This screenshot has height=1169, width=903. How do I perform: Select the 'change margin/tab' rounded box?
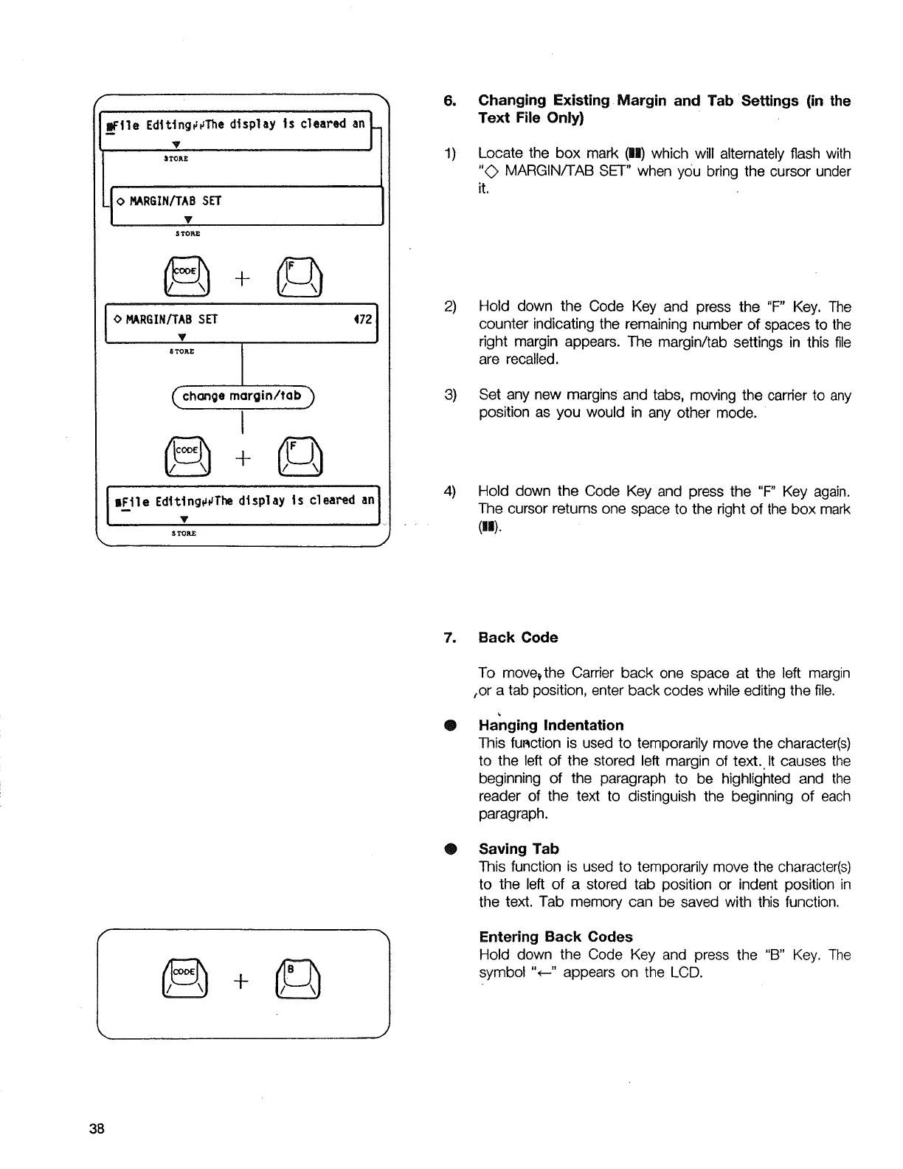tap(242, 396)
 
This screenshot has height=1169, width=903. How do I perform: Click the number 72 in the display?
tap(364, 320)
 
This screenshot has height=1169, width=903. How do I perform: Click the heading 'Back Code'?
tap(518, 637)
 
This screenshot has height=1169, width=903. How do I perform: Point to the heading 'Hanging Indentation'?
tap(550, 725)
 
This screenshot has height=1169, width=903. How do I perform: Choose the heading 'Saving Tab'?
tap(519, 849)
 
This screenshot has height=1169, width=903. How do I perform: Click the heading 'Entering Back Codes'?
tap(556, 937)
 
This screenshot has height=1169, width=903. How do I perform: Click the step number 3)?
tap(450, 395)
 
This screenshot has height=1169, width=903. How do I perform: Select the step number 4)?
tap(450, 491)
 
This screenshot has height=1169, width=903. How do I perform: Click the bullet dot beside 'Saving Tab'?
tap(449, 849)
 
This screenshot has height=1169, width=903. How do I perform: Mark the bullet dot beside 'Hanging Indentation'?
tap(449, 725)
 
